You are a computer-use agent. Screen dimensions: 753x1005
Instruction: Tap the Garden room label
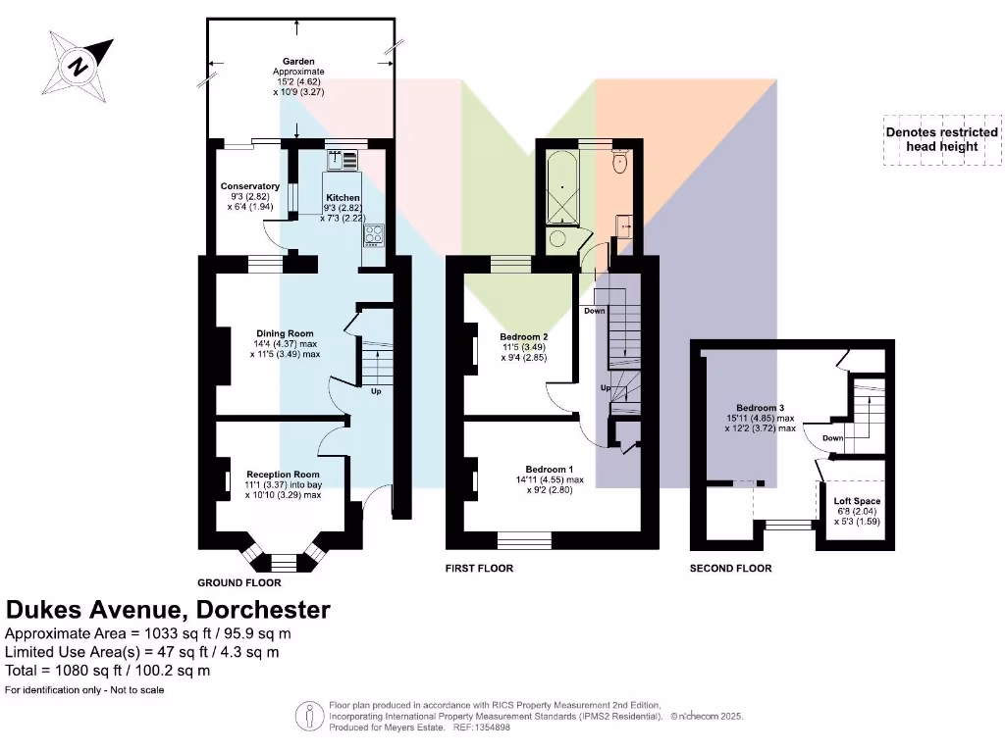(298, 62)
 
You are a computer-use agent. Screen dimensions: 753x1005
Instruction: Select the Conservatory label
(249, 186)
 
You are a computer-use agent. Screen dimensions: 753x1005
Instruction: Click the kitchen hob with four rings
(374, 235)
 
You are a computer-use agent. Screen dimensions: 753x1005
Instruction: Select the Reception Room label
(283, 475)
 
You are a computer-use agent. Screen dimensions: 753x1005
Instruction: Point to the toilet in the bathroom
(619, 163)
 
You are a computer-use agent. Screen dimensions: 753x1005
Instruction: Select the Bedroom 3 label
(761, 407)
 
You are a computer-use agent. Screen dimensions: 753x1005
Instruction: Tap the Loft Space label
(850, 501)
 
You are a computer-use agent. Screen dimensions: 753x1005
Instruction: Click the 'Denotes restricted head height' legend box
(941, 139)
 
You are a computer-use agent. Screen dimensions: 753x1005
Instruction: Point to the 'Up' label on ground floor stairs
(375, 392)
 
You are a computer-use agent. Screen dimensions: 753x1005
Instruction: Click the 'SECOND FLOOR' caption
(730, 569)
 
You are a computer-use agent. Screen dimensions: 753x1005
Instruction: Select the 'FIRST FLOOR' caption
(479, 569)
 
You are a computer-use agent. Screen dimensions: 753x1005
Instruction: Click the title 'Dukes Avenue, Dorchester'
(168, 610)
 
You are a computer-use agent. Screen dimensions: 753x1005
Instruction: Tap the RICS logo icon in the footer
(310, 715)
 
